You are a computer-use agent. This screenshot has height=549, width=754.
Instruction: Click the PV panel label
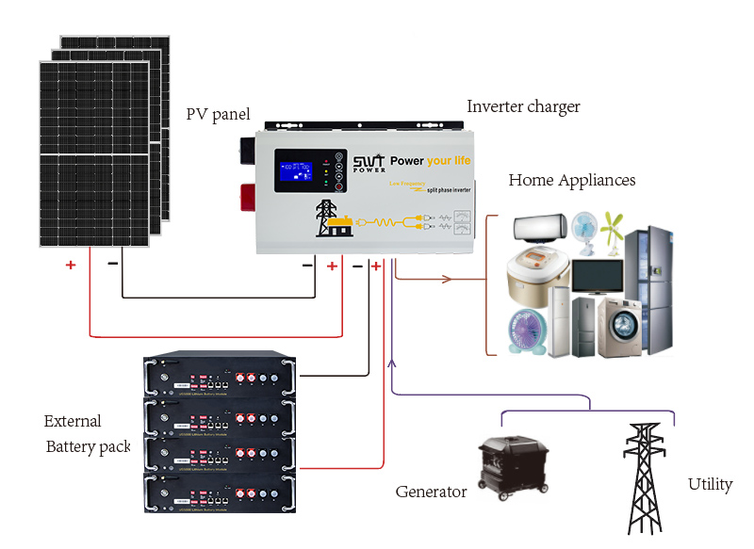[x=218, y=115]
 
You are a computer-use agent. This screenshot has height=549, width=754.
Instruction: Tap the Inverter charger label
[x=523, y=106]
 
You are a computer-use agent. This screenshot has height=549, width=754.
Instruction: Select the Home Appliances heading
[x=571, y=180]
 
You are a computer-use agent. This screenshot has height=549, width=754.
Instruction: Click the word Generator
[x=431, y=492]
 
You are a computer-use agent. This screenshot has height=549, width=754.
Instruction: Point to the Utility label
[x=710, y=484]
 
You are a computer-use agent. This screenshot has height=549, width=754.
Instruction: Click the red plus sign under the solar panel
[x=70, y=265]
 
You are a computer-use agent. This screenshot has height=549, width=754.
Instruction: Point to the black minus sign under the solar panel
[x=113, y=264]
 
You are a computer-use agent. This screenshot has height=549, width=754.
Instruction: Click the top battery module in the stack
[x=218, y=375]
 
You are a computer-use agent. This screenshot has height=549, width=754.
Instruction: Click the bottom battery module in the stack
[x=218, y=492]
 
